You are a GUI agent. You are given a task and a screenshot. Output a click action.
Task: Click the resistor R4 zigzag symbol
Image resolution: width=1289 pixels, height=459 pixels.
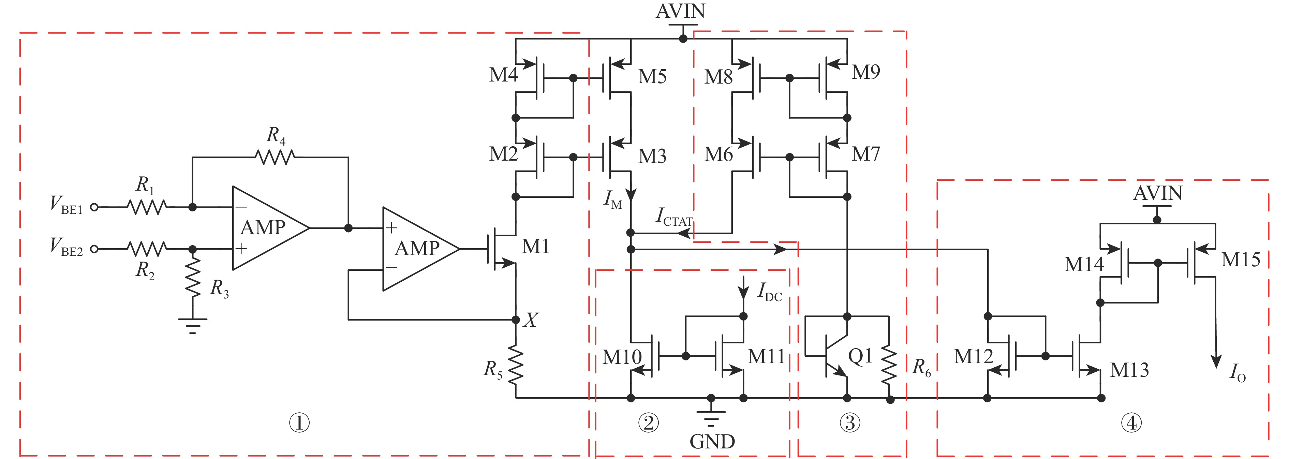[275, 157]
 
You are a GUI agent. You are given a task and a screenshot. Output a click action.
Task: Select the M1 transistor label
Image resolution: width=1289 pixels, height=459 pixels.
[535, 246]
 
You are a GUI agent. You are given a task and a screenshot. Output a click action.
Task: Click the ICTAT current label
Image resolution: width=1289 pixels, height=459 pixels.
[673, 217]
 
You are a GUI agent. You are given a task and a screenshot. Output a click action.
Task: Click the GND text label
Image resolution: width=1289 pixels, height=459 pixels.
[712, 442]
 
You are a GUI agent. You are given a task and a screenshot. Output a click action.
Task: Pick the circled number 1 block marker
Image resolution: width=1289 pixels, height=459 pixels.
[299, 423]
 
